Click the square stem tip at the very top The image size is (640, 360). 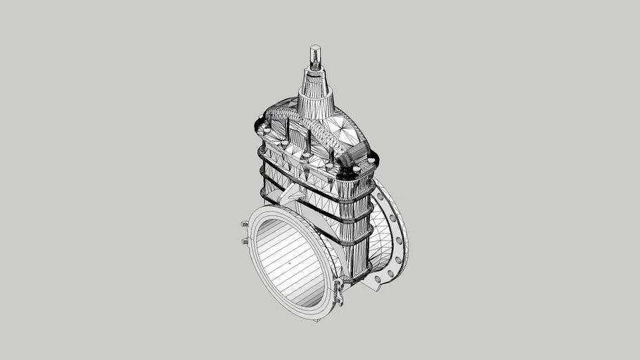click(315, 52)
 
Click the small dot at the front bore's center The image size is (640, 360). click(288, 263)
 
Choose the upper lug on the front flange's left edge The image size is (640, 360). click(244, 225)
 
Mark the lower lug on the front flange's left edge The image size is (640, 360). click(245, 241)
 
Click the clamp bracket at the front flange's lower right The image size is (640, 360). click(339, 289)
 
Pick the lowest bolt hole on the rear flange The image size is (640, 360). click(378, 279)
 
